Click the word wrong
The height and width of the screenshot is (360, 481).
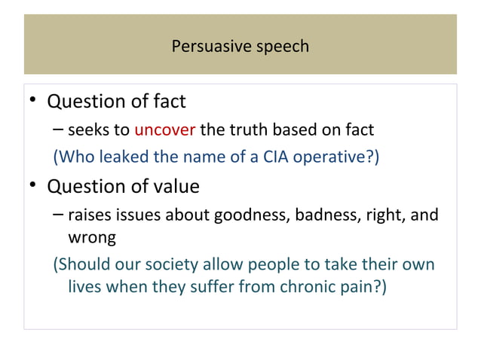(x=92, y=239)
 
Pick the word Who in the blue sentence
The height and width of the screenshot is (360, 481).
(x=74, y=157)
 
